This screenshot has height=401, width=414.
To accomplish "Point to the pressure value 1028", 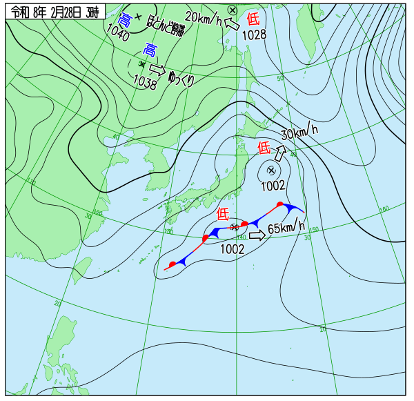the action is point(254,35).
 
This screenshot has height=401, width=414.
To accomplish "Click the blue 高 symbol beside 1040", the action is point(125,19).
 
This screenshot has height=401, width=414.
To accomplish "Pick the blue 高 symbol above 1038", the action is point(150,50).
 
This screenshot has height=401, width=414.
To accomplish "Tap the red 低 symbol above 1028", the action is point(253,21).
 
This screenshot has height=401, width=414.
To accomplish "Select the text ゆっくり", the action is point(181,79).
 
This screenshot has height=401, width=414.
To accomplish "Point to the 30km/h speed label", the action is point(299,130).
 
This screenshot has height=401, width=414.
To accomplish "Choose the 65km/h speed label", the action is point(286,227).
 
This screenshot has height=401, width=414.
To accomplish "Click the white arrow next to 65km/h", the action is point(257,235).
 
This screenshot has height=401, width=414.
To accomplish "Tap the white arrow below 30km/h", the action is point(282,150).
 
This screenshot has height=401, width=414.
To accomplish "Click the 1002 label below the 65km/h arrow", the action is point(233,249).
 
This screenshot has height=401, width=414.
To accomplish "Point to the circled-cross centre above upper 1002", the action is point(271,170).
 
